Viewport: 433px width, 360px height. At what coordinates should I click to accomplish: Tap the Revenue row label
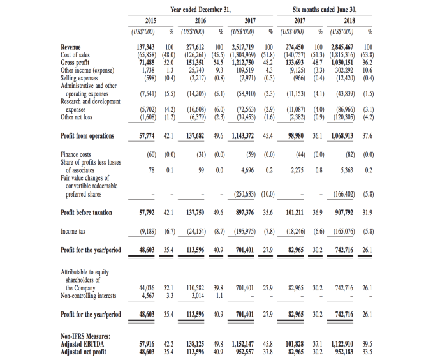(71, 47)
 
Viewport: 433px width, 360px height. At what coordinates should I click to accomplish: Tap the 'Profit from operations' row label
(88, 135)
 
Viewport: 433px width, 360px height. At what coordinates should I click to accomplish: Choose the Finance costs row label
(76, 154)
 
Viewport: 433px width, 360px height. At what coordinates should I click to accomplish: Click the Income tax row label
(73, 231)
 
